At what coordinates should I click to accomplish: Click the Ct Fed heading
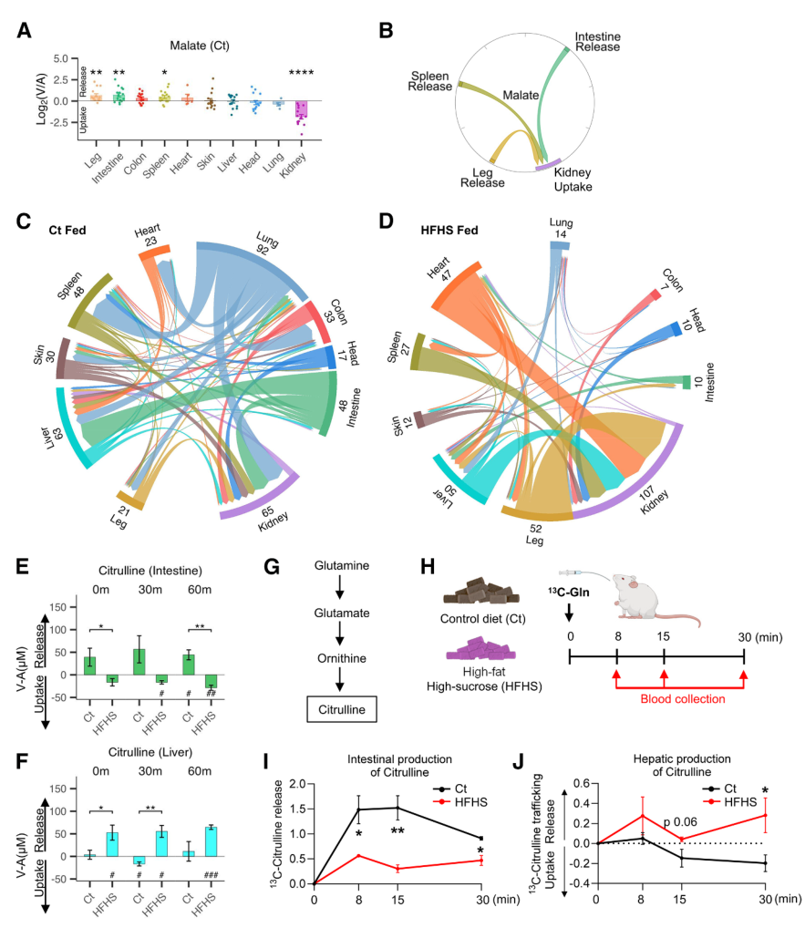click(x=69, y=232)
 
